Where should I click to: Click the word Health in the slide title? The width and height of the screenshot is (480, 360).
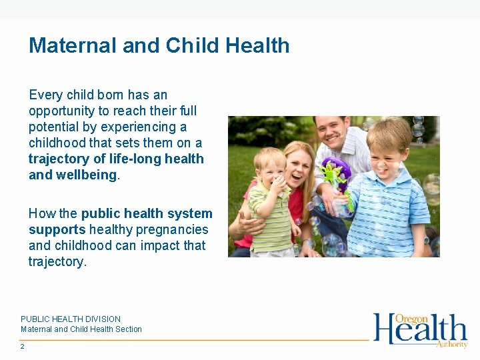[x=257, y=45]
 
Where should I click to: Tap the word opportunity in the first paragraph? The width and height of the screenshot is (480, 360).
[x=61, y=111]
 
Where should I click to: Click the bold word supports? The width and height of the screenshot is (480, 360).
[x=57, y=229]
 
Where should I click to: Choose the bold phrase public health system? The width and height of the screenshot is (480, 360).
[x=147, y=213]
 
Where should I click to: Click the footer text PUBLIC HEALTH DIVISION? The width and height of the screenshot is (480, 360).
[x=71, y=319]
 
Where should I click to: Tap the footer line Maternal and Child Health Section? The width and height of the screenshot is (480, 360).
[x=81, y=329]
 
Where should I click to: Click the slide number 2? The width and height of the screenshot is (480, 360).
[x=23, y=347]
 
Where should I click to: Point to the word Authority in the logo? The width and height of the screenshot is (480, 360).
[x=451, y=344]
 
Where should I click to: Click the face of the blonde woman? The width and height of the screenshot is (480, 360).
[x=297, y=166]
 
